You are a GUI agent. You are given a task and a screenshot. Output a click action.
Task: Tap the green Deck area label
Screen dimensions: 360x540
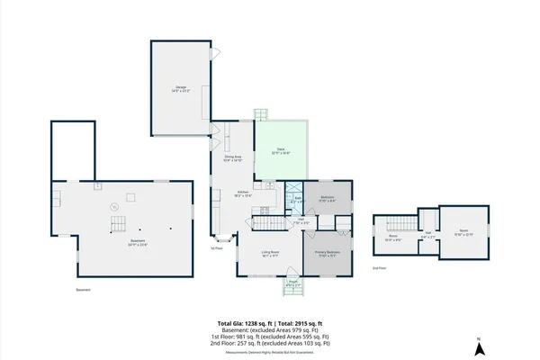pyautogui.click(x=281, y=151)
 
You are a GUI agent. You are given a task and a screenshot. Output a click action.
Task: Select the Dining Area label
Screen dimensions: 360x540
pyautogui.click(x=233, y=158)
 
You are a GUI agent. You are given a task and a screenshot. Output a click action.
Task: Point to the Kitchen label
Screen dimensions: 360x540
pyautogui.click(x=243, y=193)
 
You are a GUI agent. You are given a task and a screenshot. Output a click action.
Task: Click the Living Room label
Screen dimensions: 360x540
pyautogui.click(x=269, y=254)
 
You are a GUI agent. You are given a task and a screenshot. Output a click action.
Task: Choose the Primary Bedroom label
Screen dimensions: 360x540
pyautogui.click(x=326, y=254)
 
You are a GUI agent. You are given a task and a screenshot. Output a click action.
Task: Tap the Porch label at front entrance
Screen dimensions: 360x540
pyautogui.click(x=293, y=284)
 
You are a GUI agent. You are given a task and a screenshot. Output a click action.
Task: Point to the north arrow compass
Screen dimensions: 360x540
pyautogui.click(x=480, y=345)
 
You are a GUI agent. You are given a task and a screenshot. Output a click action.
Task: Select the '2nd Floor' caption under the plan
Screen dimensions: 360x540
pyautogui.click(x=380, y=268)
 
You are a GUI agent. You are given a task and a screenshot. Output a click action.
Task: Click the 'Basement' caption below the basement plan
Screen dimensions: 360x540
pyautogui.click(x=83, y=290)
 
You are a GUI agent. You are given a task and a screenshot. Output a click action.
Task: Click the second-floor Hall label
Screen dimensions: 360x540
pyautogui.click(x=427, y=236)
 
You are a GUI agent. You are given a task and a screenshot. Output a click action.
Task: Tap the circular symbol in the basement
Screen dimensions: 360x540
pyautogui.click(x=114, y=207)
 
